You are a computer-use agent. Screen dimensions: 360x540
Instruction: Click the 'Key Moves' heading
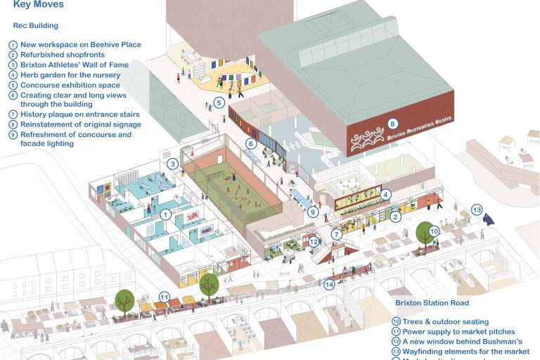(x=39, y=5)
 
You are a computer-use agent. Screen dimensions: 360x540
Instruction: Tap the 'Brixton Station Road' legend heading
(x=431, y=303)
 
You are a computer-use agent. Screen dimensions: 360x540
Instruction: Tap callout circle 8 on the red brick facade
(x=392, y=124)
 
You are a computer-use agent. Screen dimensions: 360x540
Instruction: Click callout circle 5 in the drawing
(x=219, y=103)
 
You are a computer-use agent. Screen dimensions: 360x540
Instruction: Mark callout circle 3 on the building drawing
(x=172, y=164)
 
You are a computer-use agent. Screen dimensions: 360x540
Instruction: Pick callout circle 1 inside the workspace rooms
(x=165, y=214)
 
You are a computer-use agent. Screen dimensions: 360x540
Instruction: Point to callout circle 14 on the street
(x=330, y=285)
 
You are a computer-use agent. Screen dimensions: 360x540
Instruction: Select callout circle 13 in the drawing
(x=477, y=210)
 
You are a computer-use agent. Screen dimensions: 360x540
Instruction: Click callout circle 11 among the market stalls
(x=164, y=297)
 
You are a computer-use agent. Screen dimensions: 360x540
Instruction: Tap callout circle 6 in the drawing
(x=250, y=143)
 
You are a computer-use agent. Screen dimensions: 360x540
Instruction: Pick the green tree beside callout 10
(x=425, y=233)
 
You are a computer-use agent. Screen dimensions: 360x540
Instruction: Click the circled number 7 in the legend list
(x=13, y=115)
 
